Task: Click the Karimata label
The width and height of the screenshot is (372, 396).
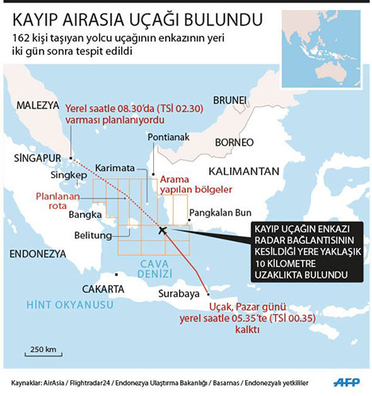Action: (x=115, y=168)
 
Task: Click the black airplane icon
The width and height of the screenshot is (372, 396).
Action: (x=163, y=230)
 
